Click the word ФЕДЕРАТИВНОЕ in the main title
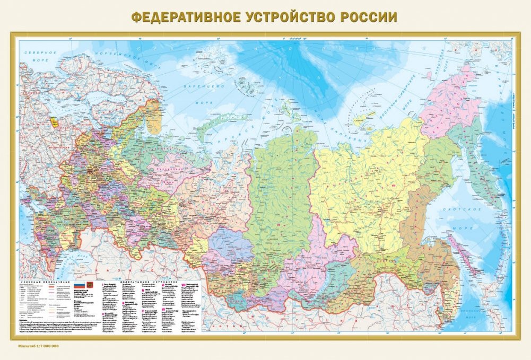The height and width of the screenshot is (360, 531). tap(185, 17)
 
